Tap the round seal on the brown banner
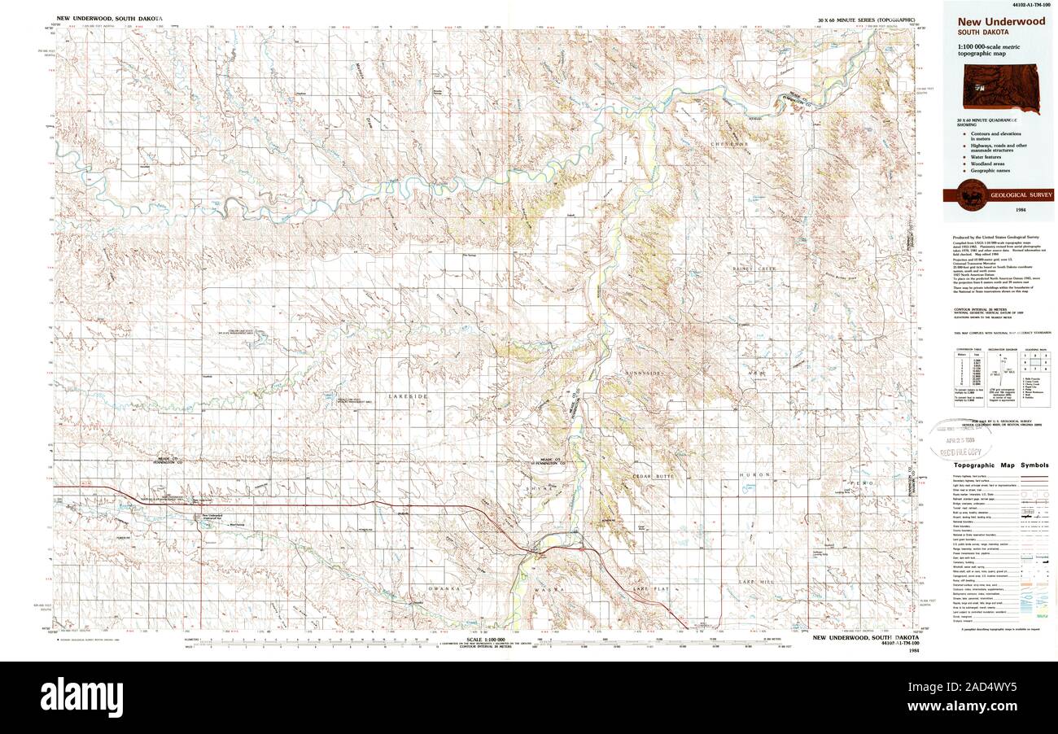970,196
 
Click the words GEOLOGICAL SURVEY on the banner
1021,195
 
